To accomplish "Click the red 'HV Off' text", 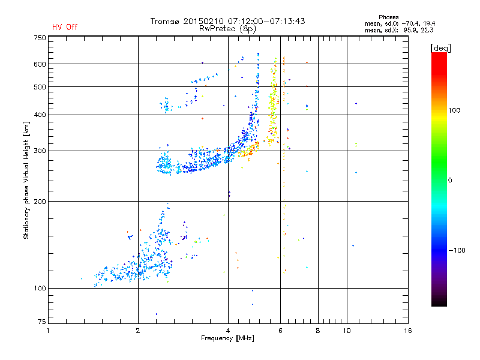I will click(x=64, y=27).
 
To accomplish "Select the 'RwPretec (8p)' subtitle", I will click(x=228, y=28).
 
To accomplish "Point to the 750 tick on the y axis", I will click(x=40, y=38).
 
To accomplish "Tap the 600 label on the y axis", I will click(x=40, y=64).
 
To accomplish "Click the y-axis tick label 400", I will click(x=40, y=115).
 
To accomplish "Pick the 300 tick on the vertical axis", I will click(x=40, y=151).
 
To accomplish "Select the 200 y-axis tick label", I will click(x=40, y=201).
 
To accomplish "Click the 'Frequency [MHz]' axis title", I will click(x=228, y=339).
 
